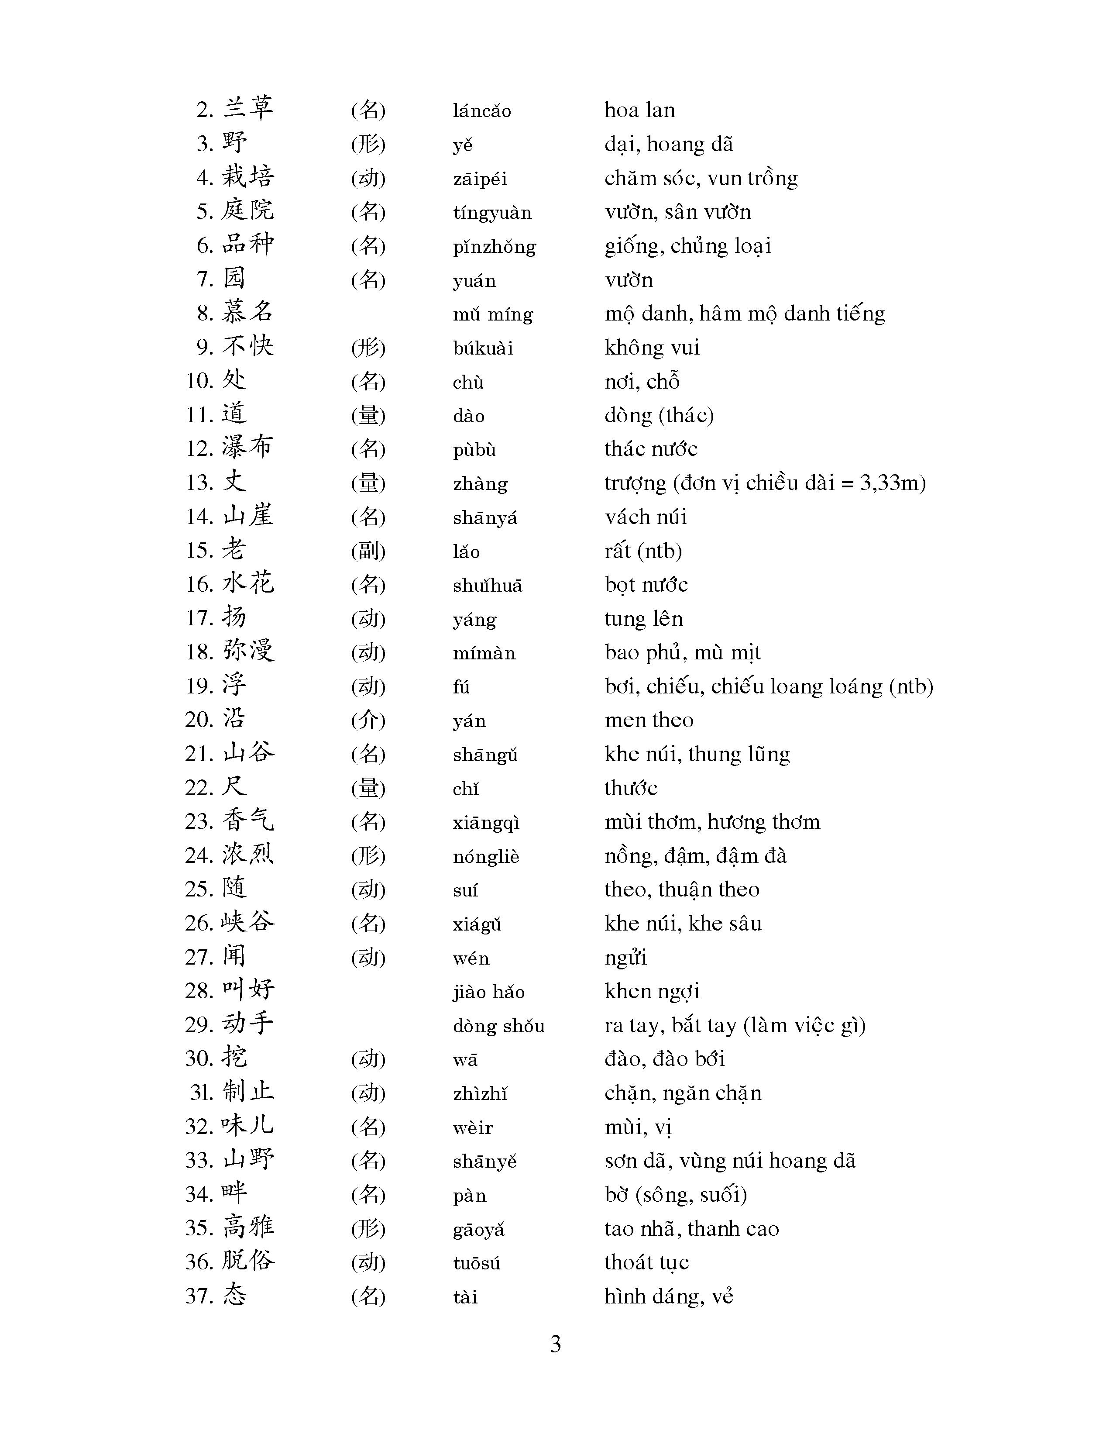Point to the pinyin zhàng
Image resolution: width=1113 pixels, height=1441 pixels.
click(480, 484)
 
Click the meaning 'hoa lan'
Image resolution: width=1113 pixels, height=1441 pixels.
click(639, 110)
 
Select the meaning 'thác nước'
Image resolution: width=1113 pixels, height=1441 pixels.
click(651, 448)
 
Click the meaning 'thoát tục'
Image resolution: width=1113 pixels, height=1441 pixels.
click(646, 1262)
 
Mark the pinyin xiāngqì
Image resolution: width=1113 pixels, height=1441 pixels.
click(486, 823)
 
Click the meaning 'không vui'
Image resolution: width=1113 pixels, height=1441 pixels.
click(652, 347)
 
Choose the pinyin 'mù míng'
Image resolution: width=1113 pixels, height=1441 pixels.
click(492, 314)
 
